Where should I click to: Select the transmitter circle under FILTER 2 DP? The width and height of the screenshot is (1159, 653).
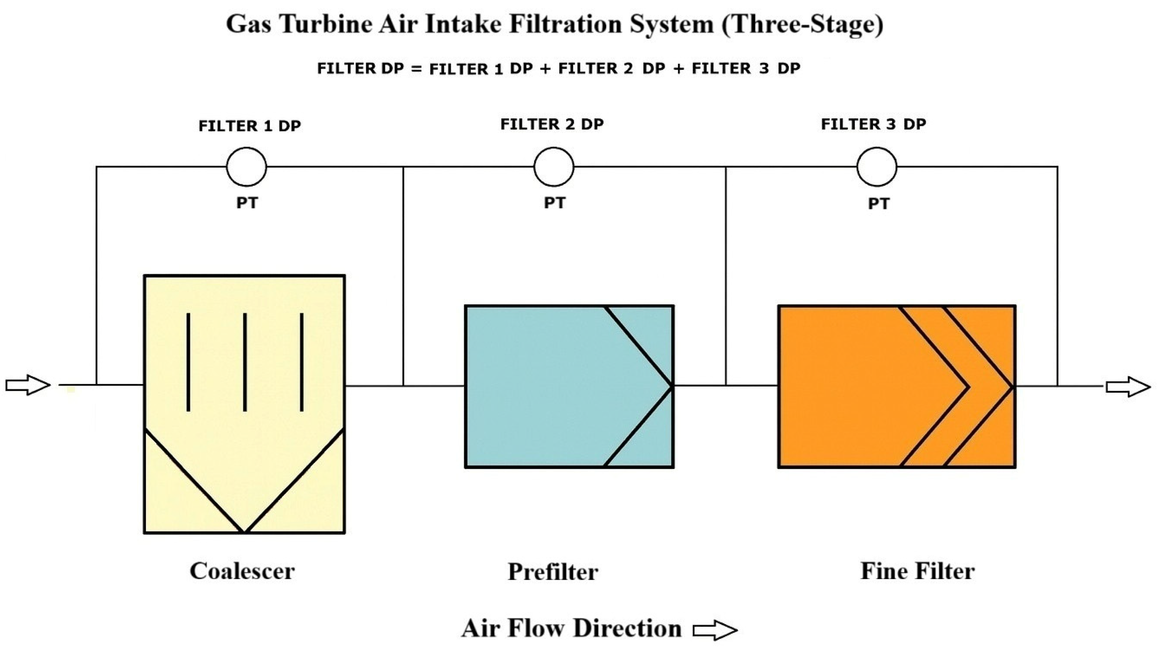[554, 167]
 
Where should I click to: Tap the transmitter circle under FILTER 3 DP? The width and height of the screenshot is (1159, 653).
[876, 167]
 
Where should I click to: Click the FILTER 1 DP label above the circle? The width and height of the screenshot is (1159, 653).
[250, 126]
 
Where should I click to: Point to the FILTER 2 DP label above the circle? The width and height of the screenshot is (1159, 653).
[552, 124]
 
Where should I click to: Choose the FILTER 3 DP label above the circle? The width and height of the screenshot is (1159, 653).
[873, 124]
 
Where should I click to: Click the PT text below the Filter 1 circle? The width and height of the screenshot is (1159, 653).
[247, 203]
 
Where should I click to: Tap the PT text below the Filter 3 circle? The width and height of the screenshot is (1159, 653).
[878, 204]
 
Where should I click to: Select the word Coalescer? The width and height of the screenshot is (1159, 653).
[242, 571]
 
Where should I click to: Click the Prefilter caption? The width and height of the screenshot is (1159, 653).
[553, 572]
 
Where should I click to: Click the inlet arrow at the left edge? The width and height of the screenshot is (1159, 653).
[28, 385]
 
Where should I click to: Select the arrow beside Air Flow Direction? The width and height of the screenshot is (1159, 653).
[715, 630]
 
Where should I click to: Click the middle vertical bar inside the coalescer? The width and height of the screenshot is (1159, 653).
[245, 362]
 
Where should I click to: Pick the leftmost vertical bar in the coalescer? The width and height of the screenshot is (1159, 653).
[188, 362]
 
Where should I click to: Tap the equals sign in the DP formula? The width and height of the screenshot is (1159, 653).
[416, 69]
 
